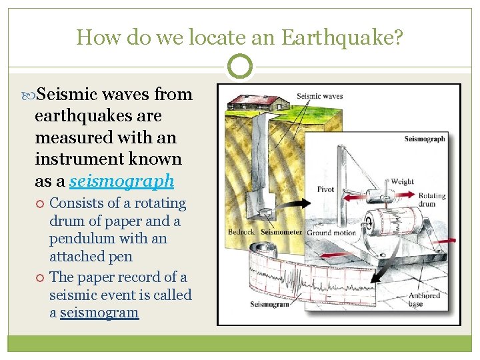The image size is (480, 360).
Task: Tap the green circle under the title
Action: click(240, 67)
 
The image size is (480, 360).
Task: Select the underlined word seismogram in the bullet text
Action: click(99, 313)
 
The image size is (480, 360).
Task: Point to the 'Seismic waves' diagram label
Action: click(319, 96)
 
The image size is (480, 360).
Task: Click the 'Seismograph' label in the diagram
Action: click(425, 139)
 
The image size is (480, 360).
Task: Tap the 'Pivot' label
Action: click(325, 189)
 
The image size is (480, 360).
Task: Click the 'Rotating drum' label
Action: click(432, 201)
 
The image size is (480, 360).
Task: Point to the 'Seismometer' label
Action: click(280, 233)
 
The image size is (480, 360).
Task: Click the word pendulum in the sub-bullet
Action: click(74, 239)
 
